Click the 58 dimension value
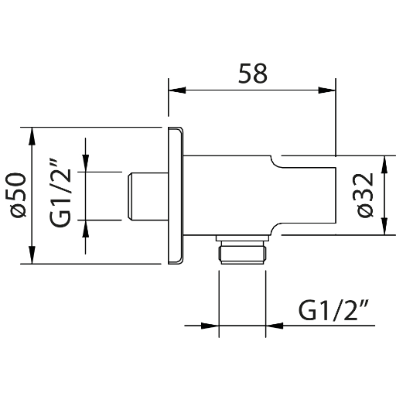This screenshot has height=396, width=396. coord(253,73)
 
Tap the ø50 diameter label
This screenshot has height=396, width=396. coord(16,195)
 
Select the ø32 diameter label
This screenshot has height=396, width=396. coord(364,196)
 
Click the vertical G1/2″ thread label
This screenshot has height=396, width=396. coord(60,193)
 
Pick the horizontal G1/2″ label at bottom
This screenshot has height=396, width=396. coord(333,310)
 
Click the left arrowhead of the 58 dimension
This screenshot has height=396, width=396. coord(177,90)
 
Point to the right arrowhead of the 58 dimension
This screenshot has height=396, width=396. coord(327,90)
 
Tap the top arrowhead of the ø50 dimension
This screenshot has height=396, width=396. coord(32,136)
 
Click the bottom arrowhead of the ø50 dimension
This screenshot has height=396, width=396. coord(32,255)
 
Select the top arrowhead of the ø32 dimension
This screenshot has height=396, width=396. coord(384,164)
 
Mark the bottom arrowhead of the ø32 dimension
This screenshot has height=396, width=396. coord(384,227)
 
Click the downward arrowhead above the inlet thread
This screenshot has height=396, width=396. coord(86,163)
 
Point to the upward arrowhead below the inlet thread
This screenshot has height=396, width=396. coord(86,229)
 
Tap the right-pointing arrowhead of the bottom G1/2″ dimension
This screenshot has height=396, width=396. coord(210,326)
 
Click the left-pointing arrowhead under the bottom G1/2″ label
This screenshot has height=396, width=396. coord(275,326)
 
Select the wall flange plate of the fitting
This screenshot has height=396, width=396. coord(176,196)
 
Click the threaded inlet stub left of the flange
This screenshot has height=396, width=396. coord(148,196)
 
